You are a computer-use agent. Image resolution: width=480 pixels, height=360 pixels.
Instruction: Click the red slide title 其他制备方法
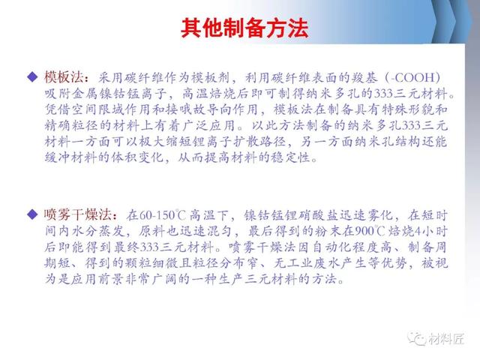[x=244, y=28]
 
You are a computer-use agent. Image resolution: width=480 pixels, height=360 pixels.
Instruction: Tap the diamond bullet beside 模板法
[x=32, y=76]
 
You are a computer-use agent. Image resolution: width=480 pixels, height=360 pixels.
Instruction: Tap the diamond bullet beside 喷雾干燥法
[x=32, y=214]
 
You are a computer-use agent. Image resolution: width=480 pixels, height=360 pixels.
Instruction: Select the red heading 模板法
[x=63, y=76]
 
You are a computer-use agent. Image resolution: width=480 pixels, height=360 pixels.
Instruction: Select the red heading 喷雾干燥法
[x=77, y=214]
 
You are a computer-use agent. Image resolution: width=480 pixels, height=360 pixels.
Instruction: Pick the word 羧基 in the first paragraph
[x=364, y=78]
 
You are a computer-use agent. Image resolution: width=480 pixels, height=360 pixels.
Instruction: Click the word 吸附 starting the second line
[x=57, y=94]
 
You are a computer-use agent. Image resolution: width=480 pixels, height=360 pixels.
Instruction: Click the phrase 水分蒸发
[x=98, y=231]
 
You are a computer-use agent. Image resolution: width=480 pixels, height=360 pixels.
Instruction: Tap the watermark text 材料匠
[x=446, y=339]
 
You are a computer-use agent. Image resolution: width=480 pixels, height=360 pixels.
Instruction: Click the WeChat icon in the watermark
[x=417, y=338]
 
